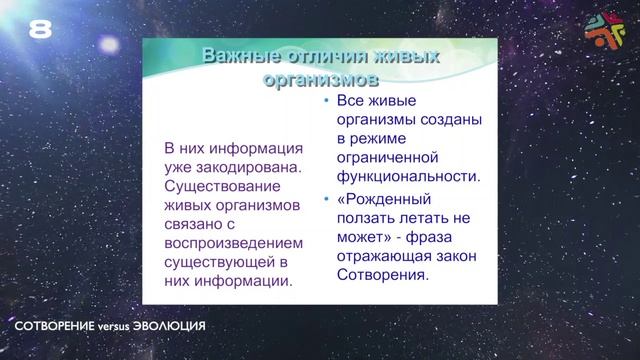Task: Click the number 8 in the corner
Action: (40, 30)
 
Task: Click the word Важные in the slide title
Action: (233, 56)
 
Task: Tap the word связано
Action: (193, 224)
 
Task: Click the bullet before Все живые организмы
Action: (327, 101)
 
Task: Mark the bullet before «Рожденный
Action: (327, 197)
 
